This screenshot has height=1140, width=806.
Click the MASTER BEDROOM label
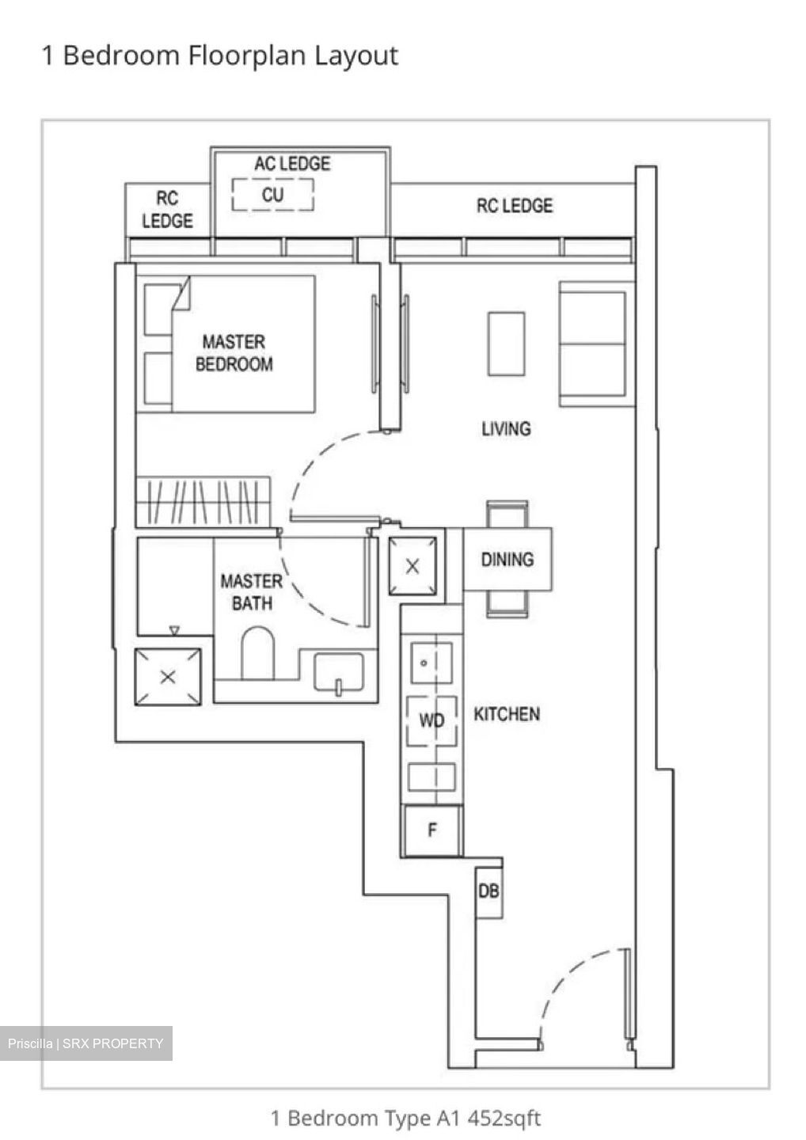pos(234,353)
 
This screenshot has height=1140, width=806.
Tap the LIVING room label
pos(506,429)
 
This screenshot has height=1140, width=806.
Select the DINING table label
pos(507,560)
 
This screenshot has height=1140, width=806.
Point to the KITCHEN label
pos(507,714)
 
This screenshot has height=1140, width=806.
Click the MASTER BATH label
pos(251,592)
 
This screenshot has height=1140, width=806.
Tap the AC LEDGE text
pos(292,164)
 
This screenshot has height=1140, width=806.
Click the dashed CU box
pos(272,195)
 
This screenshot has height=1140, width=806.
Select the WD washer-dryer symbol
pos(432,720)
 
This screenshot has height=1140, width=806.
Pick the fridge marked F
pos(432,830)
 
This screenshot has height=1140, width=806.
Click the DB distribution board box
pos(489,891)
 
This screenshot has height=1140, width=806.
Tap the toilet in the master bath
pos(257,653)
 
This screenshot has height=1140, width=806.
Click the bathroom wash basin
pos(339,673)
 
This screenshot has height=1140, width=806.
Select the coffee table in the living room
pos(506,344)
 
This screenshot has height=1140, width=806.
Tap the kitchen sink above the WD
pos(432,663)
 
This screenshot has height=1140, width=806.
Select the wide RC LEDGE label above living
pos(514,206)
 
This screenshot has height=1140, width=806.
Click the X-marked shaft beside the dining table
pos(413,566)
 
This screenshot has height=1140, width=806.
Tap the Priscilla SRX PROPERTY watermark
pos(86,1043)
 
